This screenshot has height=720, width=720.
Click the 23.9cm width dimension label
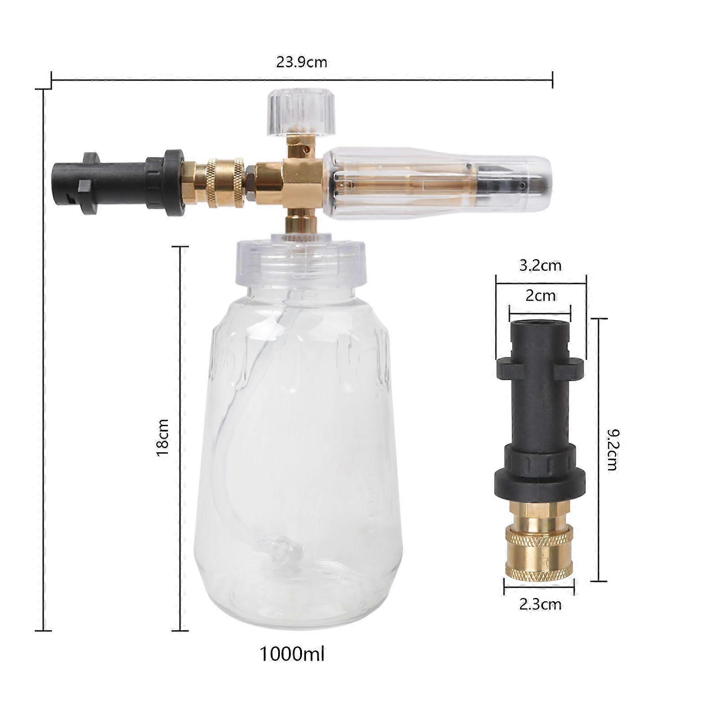coord(301,62)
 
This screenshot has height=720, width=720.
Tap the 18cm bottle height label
coord(162,438)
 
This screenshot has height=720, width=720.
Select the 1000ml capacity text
coord(292,654)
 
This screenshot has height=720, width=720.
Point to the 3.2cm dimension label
coord(540,265)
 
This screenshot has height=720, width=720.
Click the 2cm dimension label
coord(540,296)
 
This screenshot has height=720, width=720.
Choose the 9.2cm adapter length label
coord(612,450)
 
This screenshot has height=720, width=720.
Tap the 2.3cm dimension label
coord(540,604)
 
